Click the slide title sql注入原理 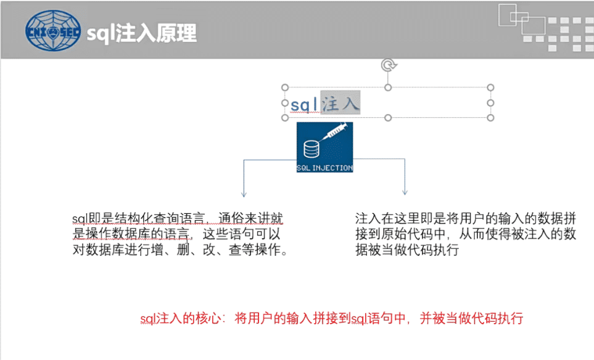coord(141,33)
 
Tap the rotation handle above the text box coord(387,65)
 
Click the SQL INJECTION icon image coord(324,147)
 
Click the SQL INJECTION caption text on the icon coord(324,168)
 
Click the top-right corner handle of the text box coord(490,88)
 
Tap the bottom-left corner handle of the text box coord(285,117)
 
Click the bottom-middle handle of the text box coord(388,117)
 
